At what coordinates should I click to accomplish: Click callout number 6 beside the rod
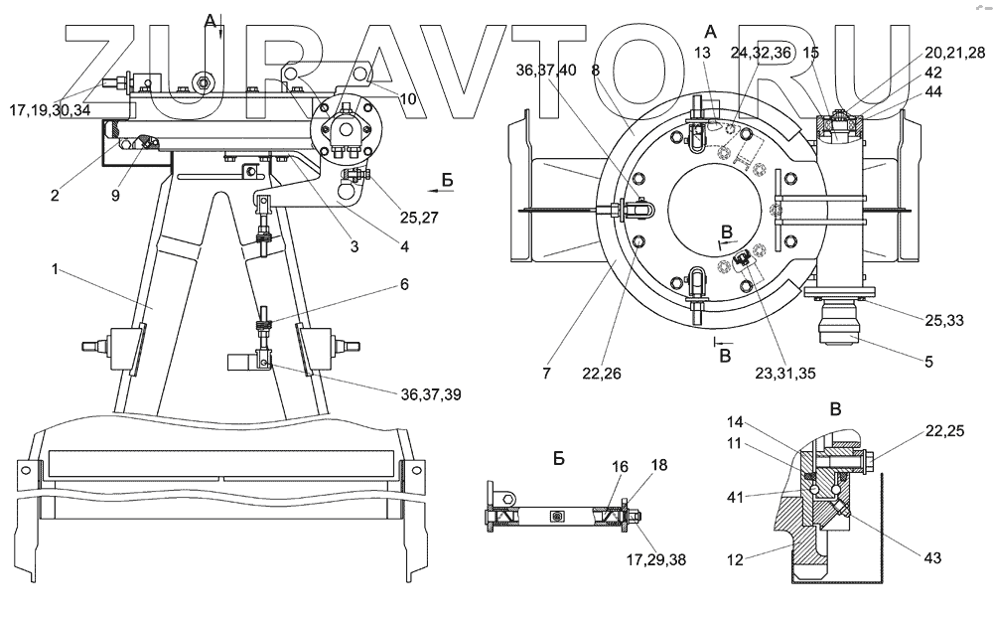403,284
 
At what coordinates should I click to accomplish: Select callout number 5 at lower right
928,362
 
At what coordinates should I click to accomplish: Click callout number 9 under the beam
115,196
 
